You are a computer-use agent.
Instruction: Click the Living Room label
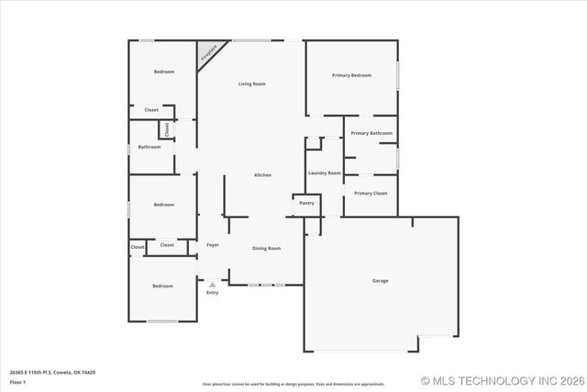252,84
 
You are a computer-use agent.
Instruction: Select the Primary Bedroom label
351,75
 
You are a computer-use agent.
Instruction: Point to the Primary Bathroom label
371,133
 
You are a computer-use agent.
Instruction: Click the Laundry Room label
325,173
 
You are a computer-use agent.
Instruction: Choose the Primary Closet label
371,194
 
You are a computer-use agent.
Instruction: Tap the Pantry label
306,203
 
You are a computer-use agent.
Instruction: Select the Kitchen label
262,175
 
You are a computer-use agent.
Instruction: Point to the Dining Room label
267,248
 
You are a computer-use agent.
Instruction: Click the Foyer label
213,245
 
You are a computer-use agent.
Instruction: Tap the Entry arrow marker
213,284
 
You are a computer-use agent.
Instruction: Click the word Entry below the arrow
213,293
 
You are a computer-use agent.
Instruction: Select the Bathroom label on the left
150,147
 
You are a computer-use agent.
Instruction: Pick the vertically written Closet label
167,130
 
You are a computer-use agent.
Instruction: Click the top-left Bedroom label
164,72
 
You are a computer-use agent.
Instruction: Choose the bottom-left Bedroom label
162,286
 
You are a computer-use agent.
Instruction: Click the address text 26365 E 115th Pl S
52,373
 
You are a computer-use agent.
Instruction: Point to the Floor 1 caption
17,381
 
